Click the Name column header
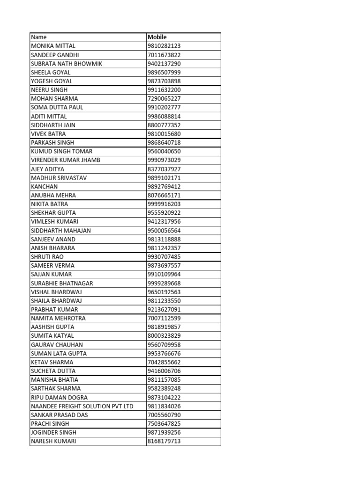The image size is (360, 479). pyautogui.click(x=39, y=37)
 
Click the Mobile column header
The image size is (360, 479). pyautogui.click(x=157, y=37)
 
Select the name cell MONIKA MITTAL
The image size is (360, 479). pyautogui.click(x=53, y=46)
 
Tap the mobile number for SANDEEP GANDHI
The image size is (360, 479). pyautogui.click(x=164, y=55)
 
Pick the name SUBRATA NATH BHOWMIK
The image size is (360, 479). pyautogui.click(x=66, y=64)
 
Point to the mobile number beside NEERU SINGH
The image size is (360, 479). pyautogui.click(x=164, y=90)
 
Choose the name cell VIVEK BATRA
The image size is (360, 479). pyautogui.click(x=48, y=134)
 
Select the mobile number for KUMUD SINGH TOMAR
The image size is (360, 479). pyautogui.click(x=164, y=151)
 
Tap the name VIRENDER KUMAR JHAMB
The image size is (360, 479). pyautogui.click(x=65, y=160)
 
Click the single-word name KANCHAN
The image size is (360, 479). pyautogui.click(x=44, y=186)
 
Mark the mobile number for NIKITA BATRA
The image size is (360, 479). pyautogui.click(x=164, y=204)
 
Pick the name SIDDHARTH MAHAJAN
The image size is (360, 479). pyautogui.click(x=61, y=231)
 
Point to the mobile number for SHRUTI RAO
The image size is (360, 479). pyautogui.click(x=164, y=257)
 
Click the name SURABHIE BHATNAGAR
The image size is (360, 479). pyautogui.click(x=62, y=283)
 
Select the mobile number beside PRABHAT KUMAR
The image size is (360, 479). pyautogui.click(x=164, y=309)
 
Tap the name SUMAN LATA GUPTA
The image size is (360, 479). pyautogui.click(x=59, y=353)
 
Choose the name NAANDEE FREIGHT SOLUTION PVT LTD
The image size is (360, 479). pyautogui.click(x=82, y=406)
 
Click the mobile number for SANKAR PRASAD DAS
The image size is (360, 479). pyautogui.click(x=164, y=415)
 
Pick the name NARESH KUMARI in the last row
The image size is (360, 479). pyautogui.click(x=53, y=441)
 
